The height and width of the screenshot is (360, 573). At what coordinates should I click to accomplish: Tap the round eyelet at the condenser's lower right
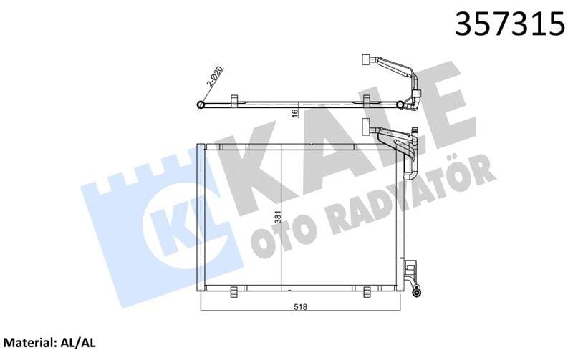coord(420,291)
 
